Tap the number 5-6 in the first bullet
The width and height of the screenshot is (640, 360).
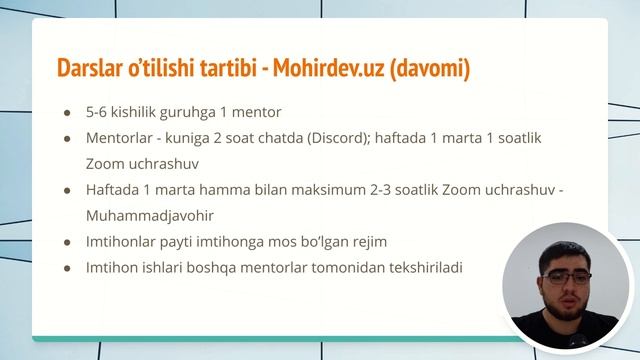click(x=96, y=112)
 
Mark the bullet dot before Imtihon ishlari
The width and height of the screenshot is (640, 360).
click(x=67, y=268)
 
